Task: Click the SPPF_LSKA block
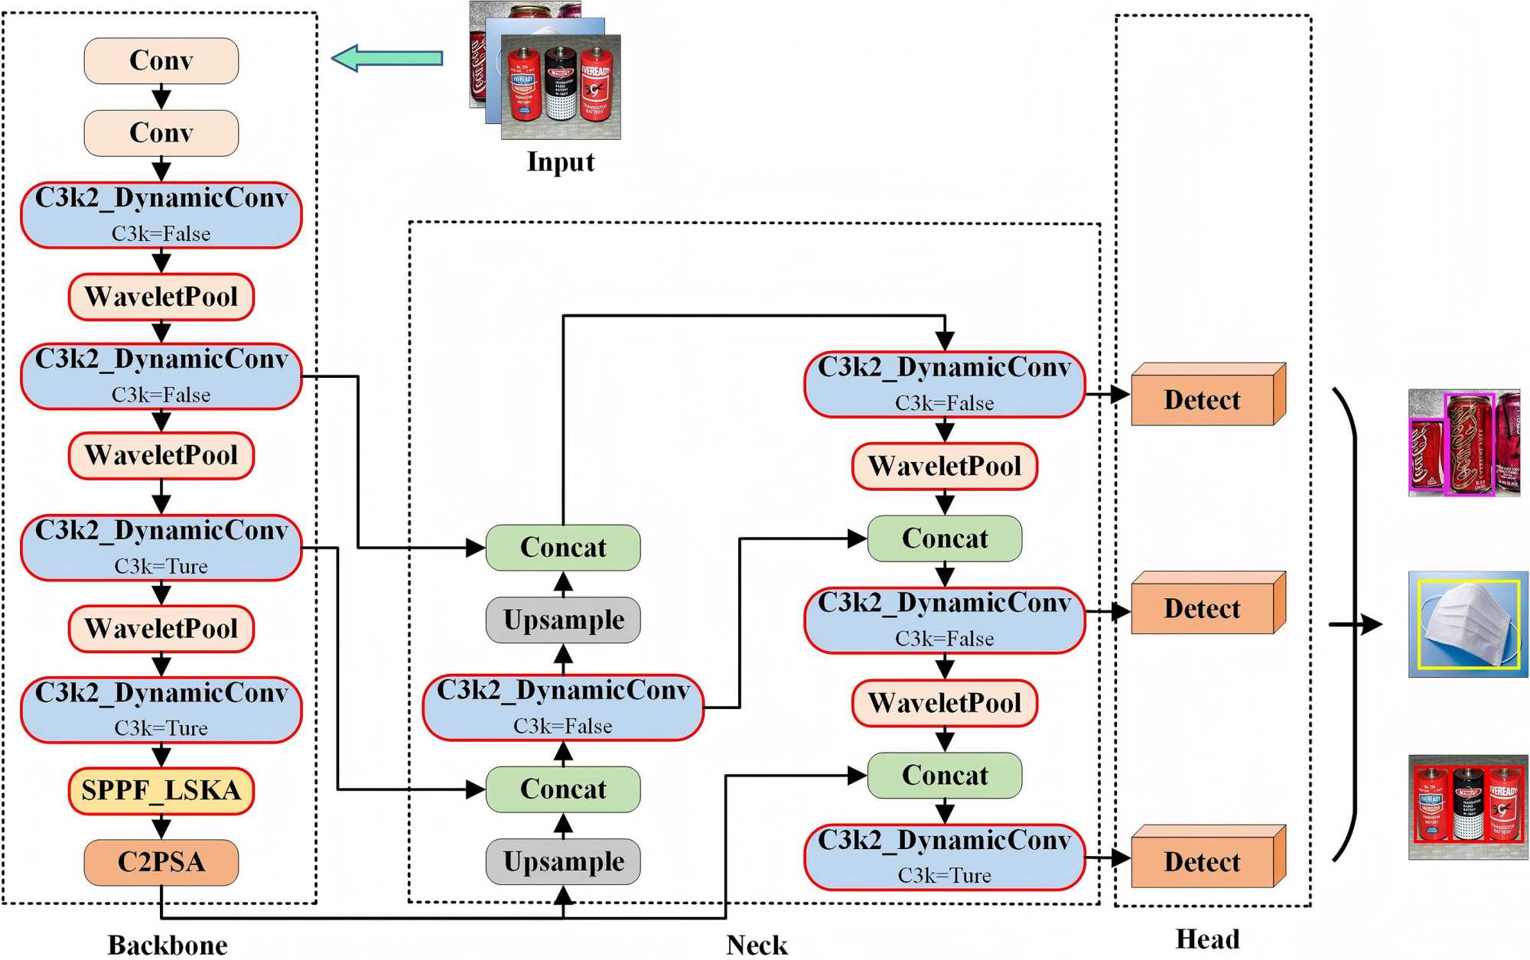pos(161,790)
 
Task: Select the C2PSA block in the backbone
pos(161,862)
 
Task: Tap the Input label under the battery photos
pos(560,162)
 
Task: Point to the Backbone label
pos(168,945)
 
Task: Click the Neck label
pos(757,945)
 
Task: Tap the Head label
pos(1207,939)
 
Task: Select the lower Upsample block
pos(563,861)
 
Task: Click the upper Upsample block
pos(563,620)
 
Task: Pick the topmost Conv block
pos(161,60)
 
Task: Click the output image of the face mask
pos(1468,624)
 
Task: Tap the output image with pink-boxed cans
pos(1463,443)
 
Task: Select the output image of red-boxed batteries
pos(1468,808)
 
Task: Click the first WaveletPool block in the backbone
pos(161,297)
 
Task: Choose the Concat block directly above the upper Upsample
pos(563,548)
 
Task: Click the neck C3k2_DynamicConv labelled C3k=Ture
pos(944,857)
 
